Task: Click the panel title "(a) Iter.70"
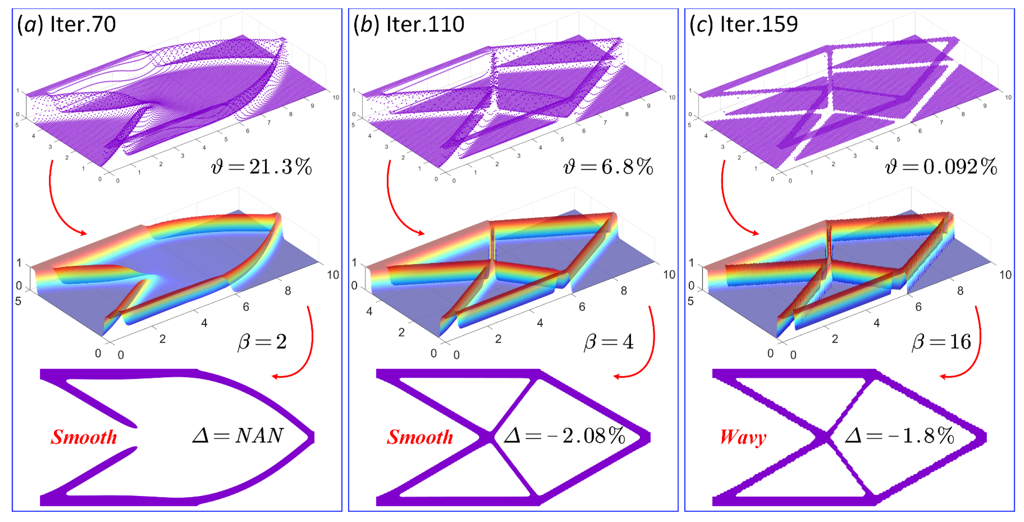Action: click(66, 25)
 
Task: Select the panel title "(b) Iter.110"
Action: click(409, 25)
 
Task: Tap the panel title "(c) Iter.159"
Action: click(743, 25)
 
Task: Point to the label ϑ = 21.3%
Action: click(261, 167)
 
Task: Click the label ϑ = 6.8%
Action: click(608, 167)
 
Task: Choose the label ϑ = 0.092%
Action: click(941, 167)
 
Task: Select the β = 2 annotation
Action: click(262, 342)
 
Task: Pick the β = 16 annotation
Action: click(941, 342)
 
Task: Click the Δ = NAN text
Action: click(238, 436)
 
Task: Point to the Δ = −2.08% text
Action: click(564, 436)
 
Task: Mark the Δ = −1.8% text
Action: click(899, 436)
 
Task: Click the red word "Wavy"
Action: click(743, 437)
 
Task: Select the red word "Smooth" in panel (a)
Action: click(84, 437)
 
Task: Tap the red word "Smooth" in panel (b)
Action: click(420, 437)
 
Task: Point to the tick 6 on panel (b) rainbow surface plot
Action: click(582, 307)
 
